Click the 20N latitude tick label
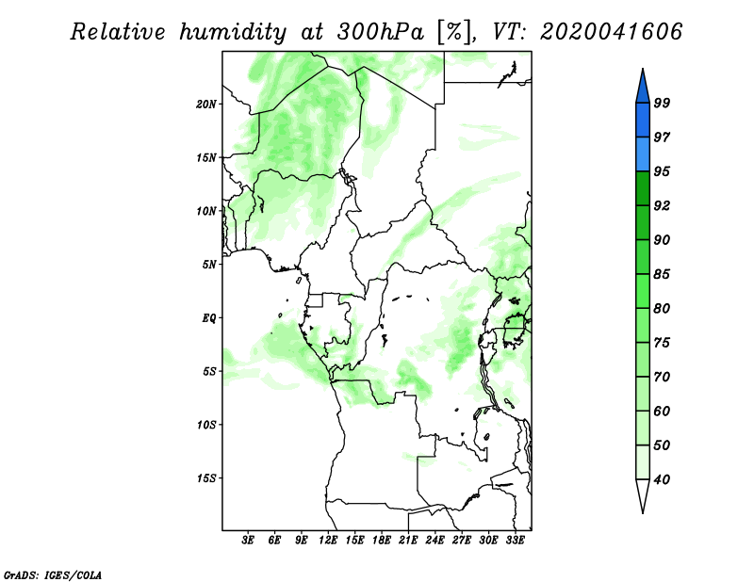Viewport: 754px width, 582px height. (206, 105)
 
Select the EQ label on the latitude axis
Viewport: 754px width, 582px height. (209, 318)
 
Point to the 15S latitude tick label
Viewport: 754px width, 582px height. (206, 478)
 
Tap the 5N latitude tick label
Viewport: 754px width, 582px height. (209, 265)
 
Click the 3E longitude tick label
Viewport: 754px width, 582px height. (248, 541)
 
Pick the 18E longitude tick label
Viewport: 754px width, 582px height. (382, 541)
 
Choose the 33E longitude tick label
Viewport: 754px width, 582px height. (515, 541)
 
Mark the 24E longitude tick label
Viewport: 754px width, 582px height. (434, 541)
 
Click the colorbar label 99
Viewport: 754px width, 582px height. (662, 103)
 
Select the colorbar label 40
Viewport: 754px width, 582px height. (662, 479)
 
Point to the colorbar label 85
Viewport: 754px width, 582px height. (662, 274)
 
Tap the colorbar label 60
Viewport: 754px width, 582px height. (662, 411)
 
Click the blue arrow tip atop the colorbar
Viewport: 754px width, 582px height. (643, 70)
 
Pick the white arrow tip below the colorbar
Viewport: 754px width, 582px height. (643, 512)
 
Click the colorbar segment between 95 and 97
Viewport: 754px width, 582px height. (643, 154)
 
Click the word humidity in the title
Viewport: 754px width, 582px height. (233, 32)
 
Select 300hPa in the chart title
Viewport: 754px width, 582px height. (381, 32)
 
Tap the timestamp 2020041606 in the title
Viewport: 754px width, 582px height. (611, 32)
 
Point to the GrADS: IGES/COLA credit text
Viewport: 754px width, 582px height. (53, 575)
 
